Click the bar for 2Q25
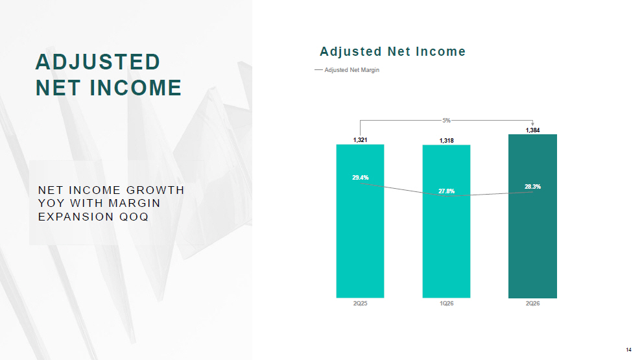tap(360, 221)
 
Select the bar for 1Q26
tap(446, 221)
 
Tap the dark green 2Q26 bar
tap(532, 216)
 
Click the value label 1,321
tap(361, 140)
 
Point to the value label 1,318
tap(446, 141)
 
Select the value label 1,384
tap(532, 130)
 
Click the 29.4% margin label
tap(361, 177)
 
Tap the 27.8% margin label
tap(446, 191)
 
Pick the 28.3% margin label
tap(532, 186)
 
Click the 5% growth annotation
tap(446, 121)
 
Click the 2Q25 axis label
tap(361, 304)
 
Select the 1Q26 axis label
tap(446, 304)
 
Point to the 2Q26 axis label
tap(532, 304)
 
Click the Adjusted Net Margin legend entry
tap(347, 70)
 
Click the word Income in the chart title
tap(440, 52)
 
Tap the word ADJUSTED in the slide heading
tap(97, 62)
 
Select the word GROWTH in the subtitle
tap(155, 190)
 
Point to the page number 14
tap(628, 350)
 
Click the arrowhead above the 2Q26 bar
tap(532, 124)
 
